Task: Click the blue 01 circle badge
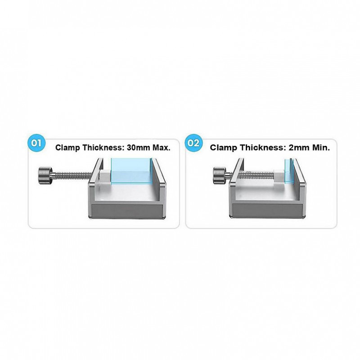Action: (36, 143)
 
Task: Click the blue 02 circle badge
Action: (193, 143)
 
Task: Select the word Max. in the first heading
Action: (162, 148)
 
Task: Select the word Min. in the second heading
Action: (320, 148)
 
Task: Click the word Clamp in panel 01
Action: (67, 148)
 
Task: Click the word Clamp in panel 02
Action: (222, 148)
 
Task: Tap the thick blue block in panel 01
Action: (131, 171)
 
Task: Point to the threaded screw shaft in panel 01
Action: (72, 175)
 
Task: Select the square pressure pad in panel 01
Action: (105, 177)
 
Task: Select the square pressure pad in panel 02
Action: (279, 176)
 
